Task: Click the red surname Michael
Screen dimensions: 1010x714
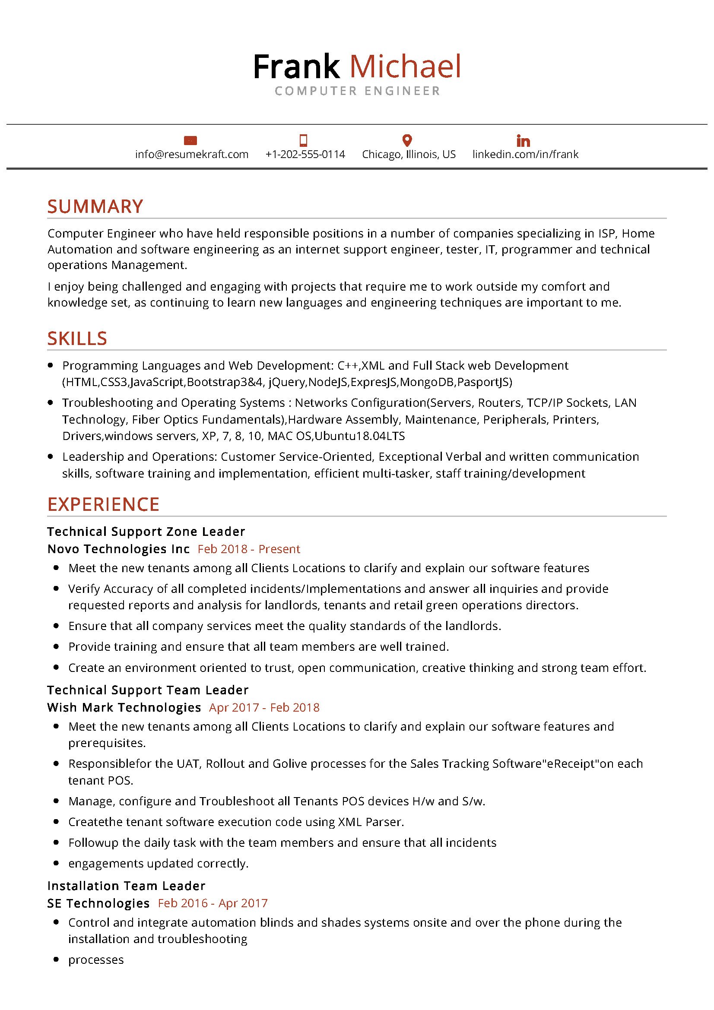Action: pos(405,67)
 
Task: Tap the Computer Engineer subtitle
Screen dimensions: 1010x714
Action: pos(357,91)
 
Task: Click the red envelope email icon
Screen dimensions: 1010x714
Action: pos(190,140)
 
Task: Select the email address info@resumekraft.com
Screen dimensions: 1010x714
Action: pos(192,155)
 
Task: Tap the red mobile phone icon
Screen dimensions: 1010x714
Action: pos(303,140)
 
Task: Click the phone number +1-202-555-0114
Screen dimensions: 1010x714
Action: pos(305,155)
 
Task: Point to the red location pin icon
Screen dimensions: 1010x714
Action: pos(407,140)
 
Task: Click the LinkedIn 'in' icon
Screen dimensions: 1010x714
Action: pos(523,141)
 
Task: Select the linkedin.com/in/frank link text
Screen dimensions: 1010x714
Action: pos(525,155)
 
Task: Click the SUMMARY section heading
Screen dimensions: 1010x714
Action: pos(95,207)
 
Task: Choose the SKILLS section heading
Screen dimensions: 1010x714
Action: pos(77,339)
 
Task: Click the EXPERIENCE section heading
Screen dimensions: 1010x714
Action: pos(103,504)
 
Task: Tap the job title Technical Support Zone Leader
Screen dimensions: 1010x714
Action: pos(146,532)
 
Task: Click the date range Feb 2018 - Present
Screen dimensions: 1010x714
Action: pos(248,549)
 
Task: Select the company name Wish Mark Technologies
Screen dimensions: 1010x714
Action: pos(124,707)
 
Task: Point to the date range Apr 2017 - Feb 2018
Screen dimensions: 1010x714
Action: pos(264,707)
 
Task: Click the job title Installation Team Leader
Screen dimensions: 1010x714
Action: pos(126,886)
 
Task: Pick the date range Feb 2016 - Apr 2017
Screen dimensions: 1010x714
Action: pos(213,903)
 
